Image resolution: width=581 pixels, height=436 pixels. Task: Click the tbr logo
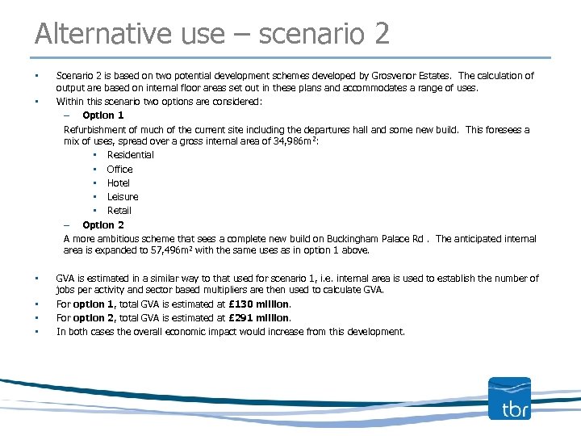coord(509,398)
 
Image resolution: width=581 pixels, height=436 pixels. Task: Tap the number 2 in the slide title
coord(380,33)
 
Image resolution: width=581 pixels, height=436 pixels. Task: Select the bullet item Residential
coord(130,155)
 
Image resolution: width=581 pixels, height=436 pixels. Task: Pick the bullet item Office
coord(119,169)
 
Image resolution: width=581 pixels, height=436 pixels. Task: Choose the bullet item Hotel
coord(119,182)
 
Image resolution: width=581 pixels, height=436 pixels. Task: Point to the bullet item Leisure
coord(123,196)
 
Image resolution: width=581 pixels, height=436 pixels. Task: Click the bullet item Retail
coord(119,210)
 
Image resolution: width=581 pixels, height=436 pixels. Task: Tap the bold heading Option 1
coord(103,115)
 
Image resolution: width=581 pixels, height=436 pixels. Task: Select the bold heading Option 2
coord(103,224)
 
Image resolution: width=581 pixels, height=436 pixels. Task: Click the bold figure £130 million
coord(259,304)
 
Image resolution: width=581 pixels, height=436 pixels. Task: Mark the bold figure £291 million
coord(259,318)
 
